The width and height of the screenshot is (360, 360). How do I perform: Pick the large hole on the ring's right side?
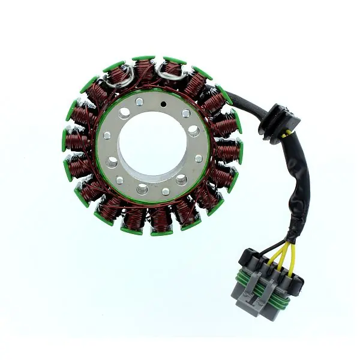click(x=193, y=129)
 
